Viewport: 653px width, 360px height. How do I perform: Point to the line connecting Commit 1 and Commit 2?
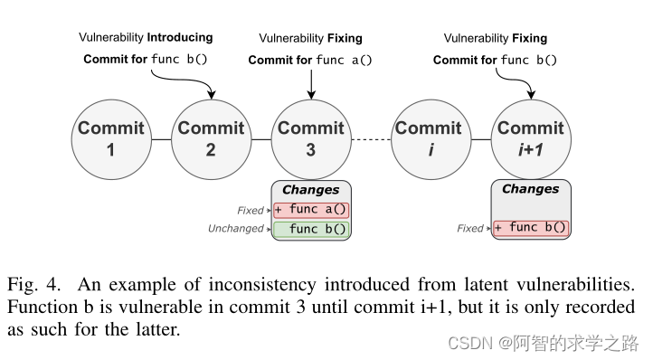pyautogui.click(x=160, y=139)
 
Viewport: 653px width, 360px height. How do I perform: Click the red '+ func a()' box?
pyautogui.click(x=310, y=210)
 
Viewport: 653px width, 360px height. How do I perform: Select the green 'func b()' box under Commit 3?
pyautogui.click(x=310, y=229)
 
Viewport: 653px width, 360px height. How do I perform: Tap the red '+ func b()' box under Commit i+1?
pyautogui.click(x=530, y=228)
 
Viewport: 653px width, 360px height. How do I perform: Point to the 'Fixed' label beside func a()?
pyautogui.click(x=251, y=211)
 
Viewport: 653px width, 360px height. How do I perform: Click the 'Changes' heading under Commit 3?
pyautogui.click(x=310, y=190)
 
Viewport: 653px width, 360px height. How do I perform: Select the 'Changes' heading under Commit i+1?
pyautogui.click(x=530, y=189)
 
